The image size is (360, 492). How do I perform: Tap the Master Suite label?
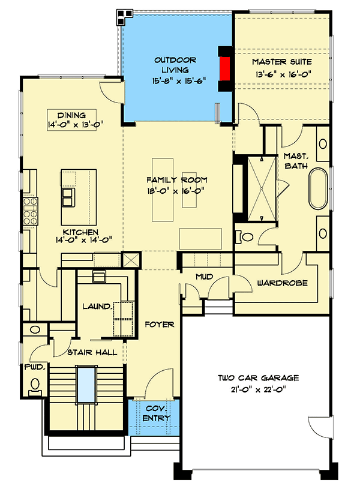click(x=281, y=62)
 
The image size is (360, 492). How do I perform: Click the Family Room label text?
click(x=177, y=180)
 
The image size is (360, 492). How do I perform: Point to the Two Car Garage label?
click(x=258, y=378)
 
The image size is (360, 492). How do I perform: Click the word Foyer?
click(x=160, y=325)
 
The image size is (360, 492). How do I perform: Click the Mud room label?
click(x=204, y=277)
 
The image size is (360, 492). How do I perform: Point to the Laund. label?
click(x=97, y=307)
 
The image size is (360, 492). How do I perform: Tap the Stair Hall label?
click(x=92, y=353)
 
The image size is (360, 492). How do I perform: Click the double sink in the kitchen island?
click(x=69, y=197)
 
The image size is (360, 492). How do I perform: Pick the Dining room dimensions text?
click(x=71, y=125)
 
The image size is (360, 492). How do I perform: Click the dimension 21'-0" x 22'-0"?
click(x=258, y=389)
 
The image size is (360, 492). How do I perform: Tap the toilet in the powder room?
click(x=36, y=385)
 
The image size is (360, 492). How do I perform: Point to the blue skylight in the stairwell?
click(x=88, y=386)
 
